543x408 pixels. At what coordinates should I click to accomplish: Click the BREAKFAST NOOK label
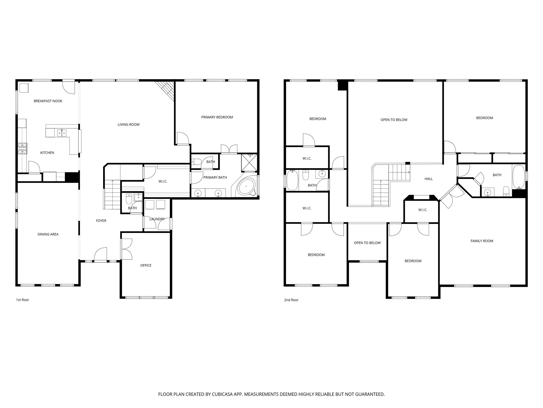(x=48, y=101)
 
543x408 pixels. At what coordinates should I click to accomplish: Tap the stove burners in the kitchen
(x=23, y=148)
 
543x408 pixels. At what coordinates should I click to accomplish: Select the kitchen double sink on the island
(x=62, y=133)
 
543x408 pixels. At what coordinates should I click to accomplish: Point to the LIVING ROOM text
(x=128, y=125)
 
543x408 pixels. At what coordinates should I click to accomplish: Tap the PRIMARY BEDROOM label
(x=217, y=117)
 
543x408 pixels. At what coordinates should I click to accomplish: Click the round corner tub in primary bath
(x=247, y=186)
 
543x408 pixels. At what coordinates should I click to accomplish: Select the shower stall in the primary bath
(x=249, y=163)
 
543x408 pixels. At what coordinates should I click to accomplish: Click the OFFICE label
(x=146, y=265)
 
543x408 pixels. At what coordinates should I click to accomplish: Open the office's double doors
(x=126, y=249)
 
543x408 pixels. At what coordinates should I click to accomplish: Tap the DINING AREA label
(x=48, y=234)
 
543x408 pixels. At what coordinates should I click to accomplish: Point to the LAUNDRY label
(x=157, y=219)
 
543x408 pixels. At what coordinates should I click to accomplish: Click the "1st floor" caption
(x=23, y=300)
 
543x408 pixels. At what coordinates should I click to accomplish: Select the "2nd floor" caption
(x=291, y=300)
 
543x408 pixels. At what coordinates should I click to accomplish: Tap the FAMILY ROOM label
(x=482, y=241)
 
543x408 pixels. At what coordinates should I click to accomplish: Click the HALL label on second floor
(x=428, y=179)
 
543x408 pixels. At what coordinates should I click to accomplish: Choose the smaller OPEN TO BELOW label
(x=367, y=243)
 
